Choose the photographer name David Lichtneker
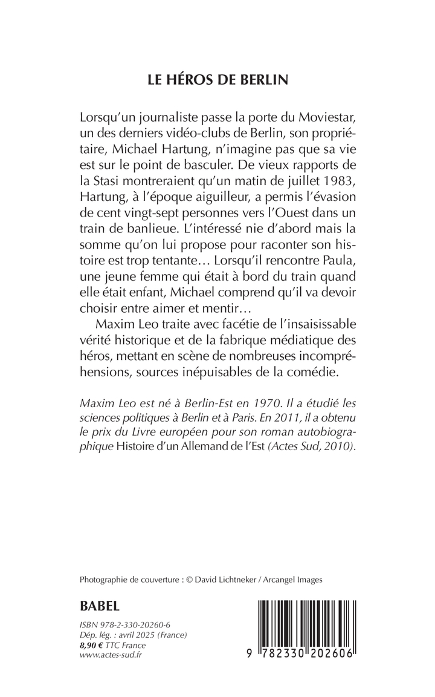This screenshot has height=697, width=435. (x=230, y=579)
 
